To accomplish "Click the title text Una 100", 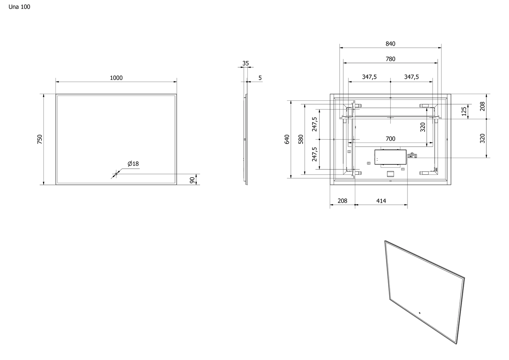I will coord(19,7).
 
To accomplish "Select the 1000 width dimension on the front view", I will coord(116,78).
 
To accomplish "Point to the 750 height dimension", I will coord(40,139).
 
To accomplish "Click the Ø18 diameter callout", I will coord(133,164).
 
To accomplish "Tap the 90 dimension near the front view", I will coord(192,180).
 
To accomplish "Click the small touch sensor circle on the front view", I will coord(116,174).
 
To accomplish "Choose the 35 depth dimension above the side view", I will coord(245,64).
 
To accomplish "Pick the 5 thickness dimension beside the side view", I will coord(260,78).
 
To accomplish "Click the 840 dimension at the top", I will coord(390,44).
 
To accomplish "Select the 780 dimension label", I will coord(390,59).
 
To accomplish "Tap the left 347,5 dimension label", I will coord(369,77).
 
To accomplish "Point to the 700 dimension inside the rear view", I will coord(390,139).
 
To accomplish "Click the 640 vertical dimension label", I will coord(287,139).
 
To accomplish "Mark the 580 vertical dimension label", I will coord(301,139).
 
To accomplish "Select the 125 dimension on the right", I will coord(464,111).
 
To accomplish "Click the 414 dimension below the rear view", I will coord(381,201).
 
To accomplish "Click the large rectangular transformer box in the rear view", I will coord(390,157).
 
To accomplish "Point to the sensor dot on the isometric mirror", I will coord(420,313).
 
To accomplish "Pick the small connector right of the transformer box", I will coord(412,155).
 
